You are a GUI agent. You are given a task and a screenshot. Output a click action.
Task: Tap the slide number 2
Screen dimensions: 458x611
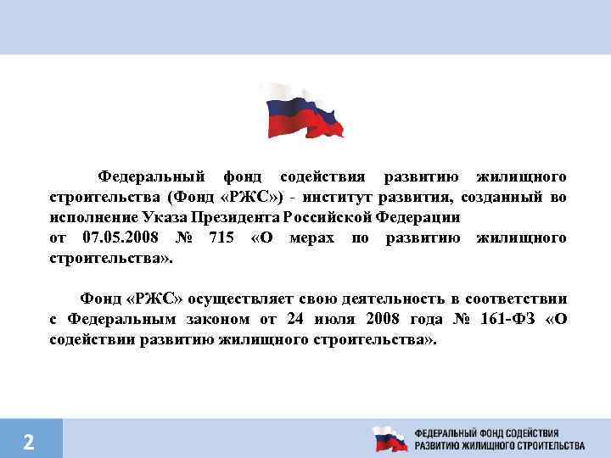(x=29, y=441)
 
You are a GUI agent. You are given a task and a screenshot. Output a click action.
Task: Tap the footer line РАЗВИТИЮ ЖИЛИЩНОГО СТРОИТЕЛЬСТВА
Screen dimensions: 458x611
(x=499, y=445)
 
